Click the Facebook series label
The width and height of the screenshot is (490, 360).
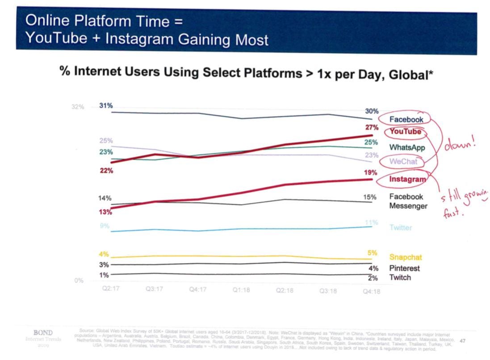[406, 119]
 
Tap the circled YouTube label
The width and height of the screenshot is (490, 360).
[405, 132]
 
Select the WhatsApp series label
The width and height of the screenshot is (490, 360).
[406, 147]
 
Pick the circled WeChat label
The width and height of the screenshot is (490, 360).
[403, 162]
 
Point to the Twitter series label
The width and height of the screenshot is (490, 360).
[400, 228]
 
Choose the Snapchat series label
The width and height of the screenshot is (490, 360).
[405, 257]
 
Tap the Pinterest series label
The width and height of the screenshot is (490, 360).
[404, 268]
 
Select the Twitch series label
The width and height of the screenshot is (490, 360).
[400, 277]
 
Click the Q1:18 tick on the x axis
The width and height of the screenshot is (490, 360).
[241, 290]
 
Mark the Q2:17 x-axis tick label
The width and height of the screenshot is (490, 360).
[111, 289]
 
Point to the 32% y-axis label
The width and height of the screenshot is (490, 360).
[78, 107]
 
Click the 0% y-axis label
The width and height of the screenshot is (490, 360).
[79, 280]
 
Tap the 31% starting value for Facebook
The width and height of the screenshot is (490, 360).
[106, 106]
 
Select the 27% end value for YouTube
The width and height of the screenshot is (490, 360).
[372, 128]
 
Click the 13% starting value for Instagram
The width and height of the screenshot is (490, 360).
[105, 212]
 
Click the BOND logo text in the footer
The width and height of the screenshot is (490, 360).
[43, 333]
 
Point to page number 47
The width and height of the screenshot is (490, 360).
[462, 341]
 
